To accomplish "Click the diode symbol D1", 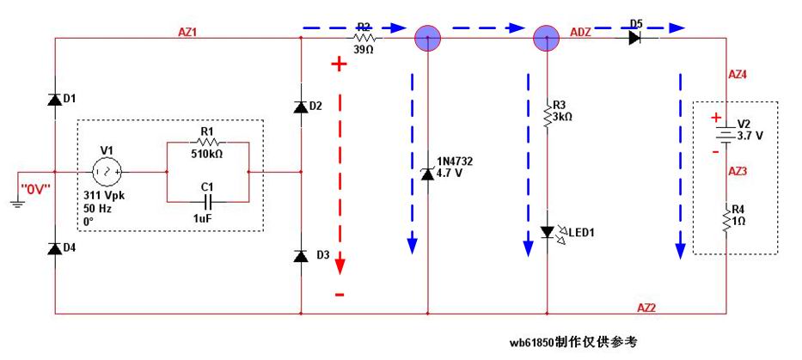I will pos(54,99).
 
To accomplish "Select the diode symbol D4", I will pos(54,248).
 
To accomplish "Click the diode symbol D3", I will pos(300,256).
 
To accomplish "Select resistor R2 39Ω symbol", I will pos(364,38).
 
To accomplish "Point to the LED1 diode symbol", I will pos(548,232).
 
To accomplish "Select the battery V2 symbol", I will pos(726,134).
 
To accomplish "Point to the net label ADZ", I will pos(580,32).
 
